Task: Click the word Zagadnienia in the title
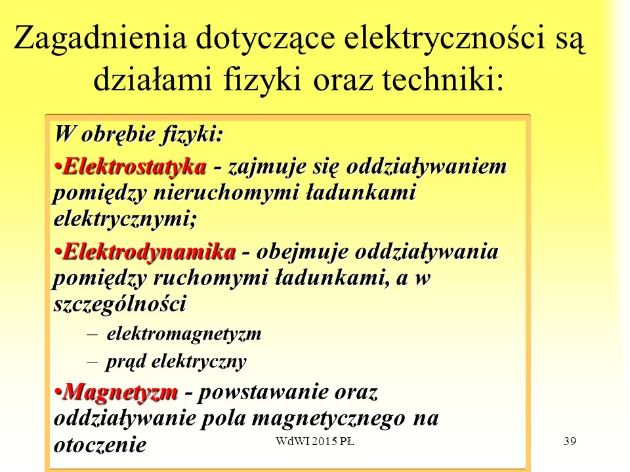[100, 39]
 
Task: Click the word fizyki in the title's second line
[262, 79]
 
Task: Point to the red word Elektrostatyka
[135, 166]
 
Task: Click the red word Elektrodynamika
[149, 252]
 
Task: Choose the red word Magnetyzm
[120, 391]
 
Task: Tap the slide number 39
[570, 441]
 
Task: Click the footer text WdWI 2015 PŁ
[315, 441]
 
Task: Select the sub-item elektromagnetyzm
[184, 334]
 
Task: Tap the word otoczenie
[100, 445]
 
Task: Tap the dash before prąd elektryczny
[92, 362]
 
